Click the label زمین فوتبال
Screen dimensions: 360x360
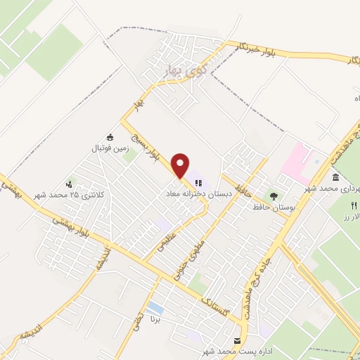109,149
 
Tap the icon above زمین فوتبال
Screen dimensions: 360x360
109,137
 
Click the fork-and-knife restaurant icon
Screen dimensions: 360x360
353,205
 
